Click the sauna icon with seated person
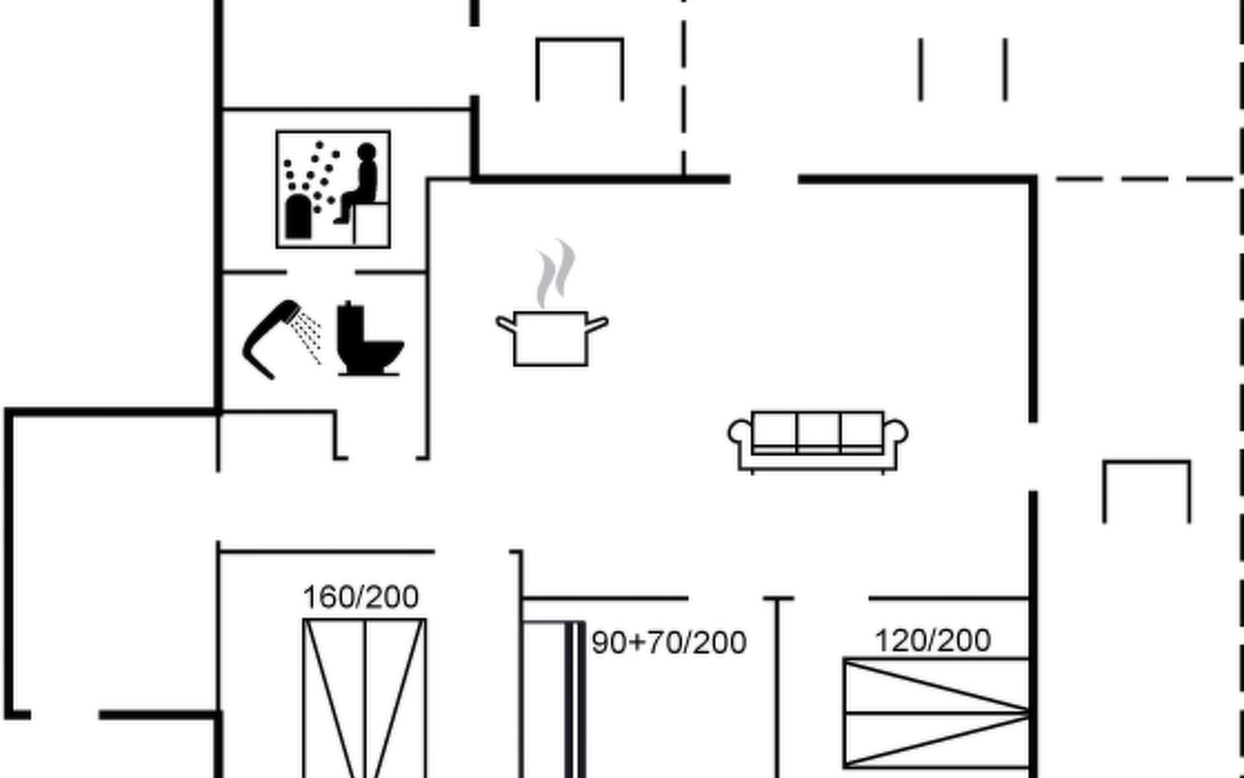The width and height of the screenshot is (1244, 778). click(333, 189)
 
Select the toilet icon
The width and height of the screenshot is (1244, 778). click(370, 338)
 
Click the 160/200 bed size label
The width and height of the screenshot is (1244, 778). click(361, 597)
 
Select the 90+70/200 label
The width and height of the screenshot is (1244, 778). click(669, 642)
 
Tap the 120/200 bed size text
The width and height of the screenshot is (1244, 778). click(933, 641)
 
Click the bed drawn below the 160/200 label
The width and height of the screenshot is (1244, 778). click(364, 698)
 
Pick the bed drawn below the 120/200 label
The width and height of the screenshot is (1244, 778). click(936, 713)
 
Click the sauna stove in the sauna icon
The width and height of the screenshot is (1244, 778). click(298, 216)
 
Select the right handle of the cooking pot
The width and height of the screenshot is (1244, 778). click(597, 324)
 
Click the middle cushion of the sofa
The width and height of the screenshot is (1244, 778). click(818, 429)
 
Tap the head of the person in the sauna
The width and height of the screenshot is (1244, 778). click(367, 152)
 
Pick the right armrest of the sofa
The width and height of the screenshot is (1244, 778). click(896, 432)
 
